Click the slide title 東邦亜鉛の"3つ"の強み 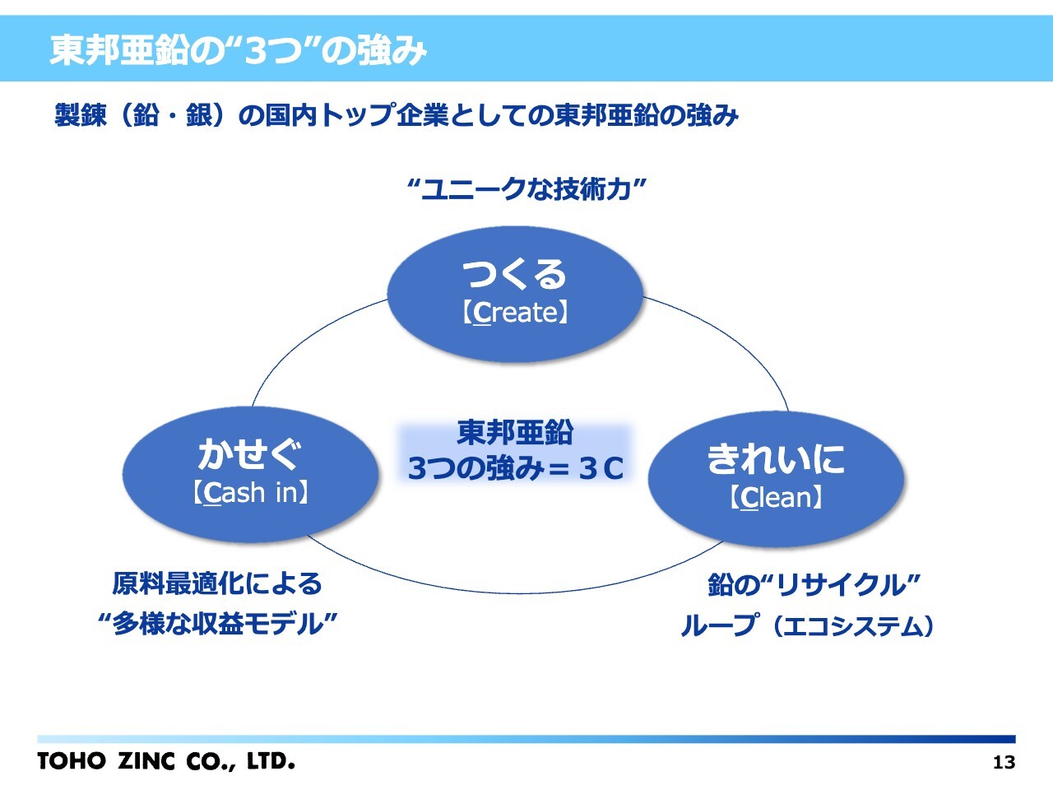239,50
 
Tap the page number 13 1004,762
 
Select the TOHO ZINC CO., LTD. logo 165,760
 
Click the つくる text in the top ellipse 515,274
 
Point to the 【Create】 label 515,313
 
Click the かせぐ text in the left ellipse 250,453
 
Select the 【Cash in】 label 250,493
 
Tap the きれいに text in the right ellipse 776,458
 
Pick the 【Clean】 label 776,497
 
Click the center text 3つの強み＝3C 516,468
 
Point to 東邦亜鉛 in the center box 516,432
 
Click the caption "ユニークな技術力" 526,189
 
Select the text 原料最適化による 217,583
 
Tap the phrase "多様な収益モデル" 217,624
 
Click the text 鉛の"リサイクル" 813,585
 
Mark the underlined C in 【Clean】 749,498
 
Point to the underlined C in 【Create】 482,314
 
